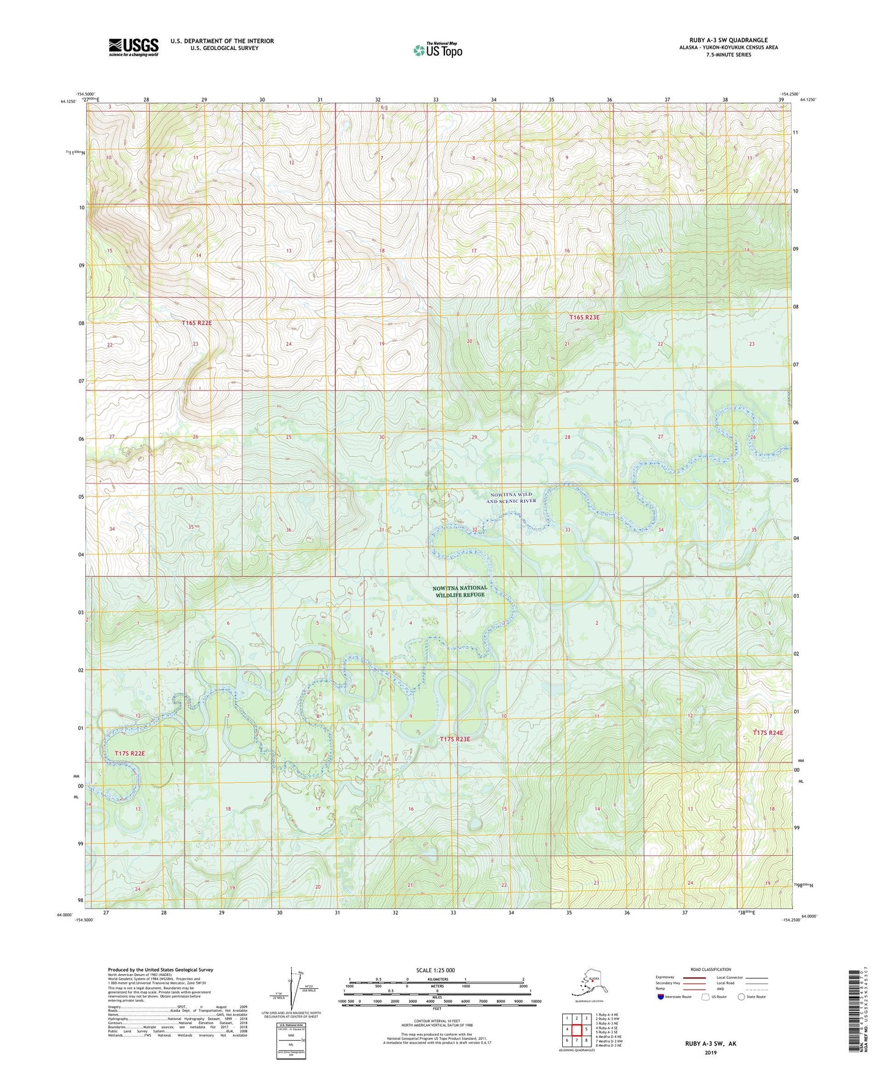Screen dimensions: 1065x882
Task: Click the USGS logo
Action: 134,47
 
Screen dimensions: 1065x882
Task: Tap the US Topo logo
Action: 438,50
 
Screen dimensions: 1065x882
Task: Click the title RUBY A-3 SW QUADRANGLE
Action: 728,40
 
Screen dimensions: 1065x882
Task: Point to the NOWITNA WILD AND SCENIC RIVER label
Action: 511,497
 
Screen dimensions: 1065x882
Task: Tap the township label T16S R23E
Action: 584,317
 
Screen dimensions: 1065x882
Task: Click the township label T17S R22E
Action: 129,753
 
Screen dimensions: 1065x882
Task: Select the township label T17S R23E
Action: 455,739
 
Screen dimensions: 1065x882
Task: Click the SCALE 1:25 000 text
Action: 435,970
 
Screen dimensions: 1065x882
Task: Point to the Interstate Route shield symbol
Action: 661,997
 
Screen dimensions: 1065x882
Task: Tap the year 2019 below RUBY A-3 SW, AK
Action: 710,1052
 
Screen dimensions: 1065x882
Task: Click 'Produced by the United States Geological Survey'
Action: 160,969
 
